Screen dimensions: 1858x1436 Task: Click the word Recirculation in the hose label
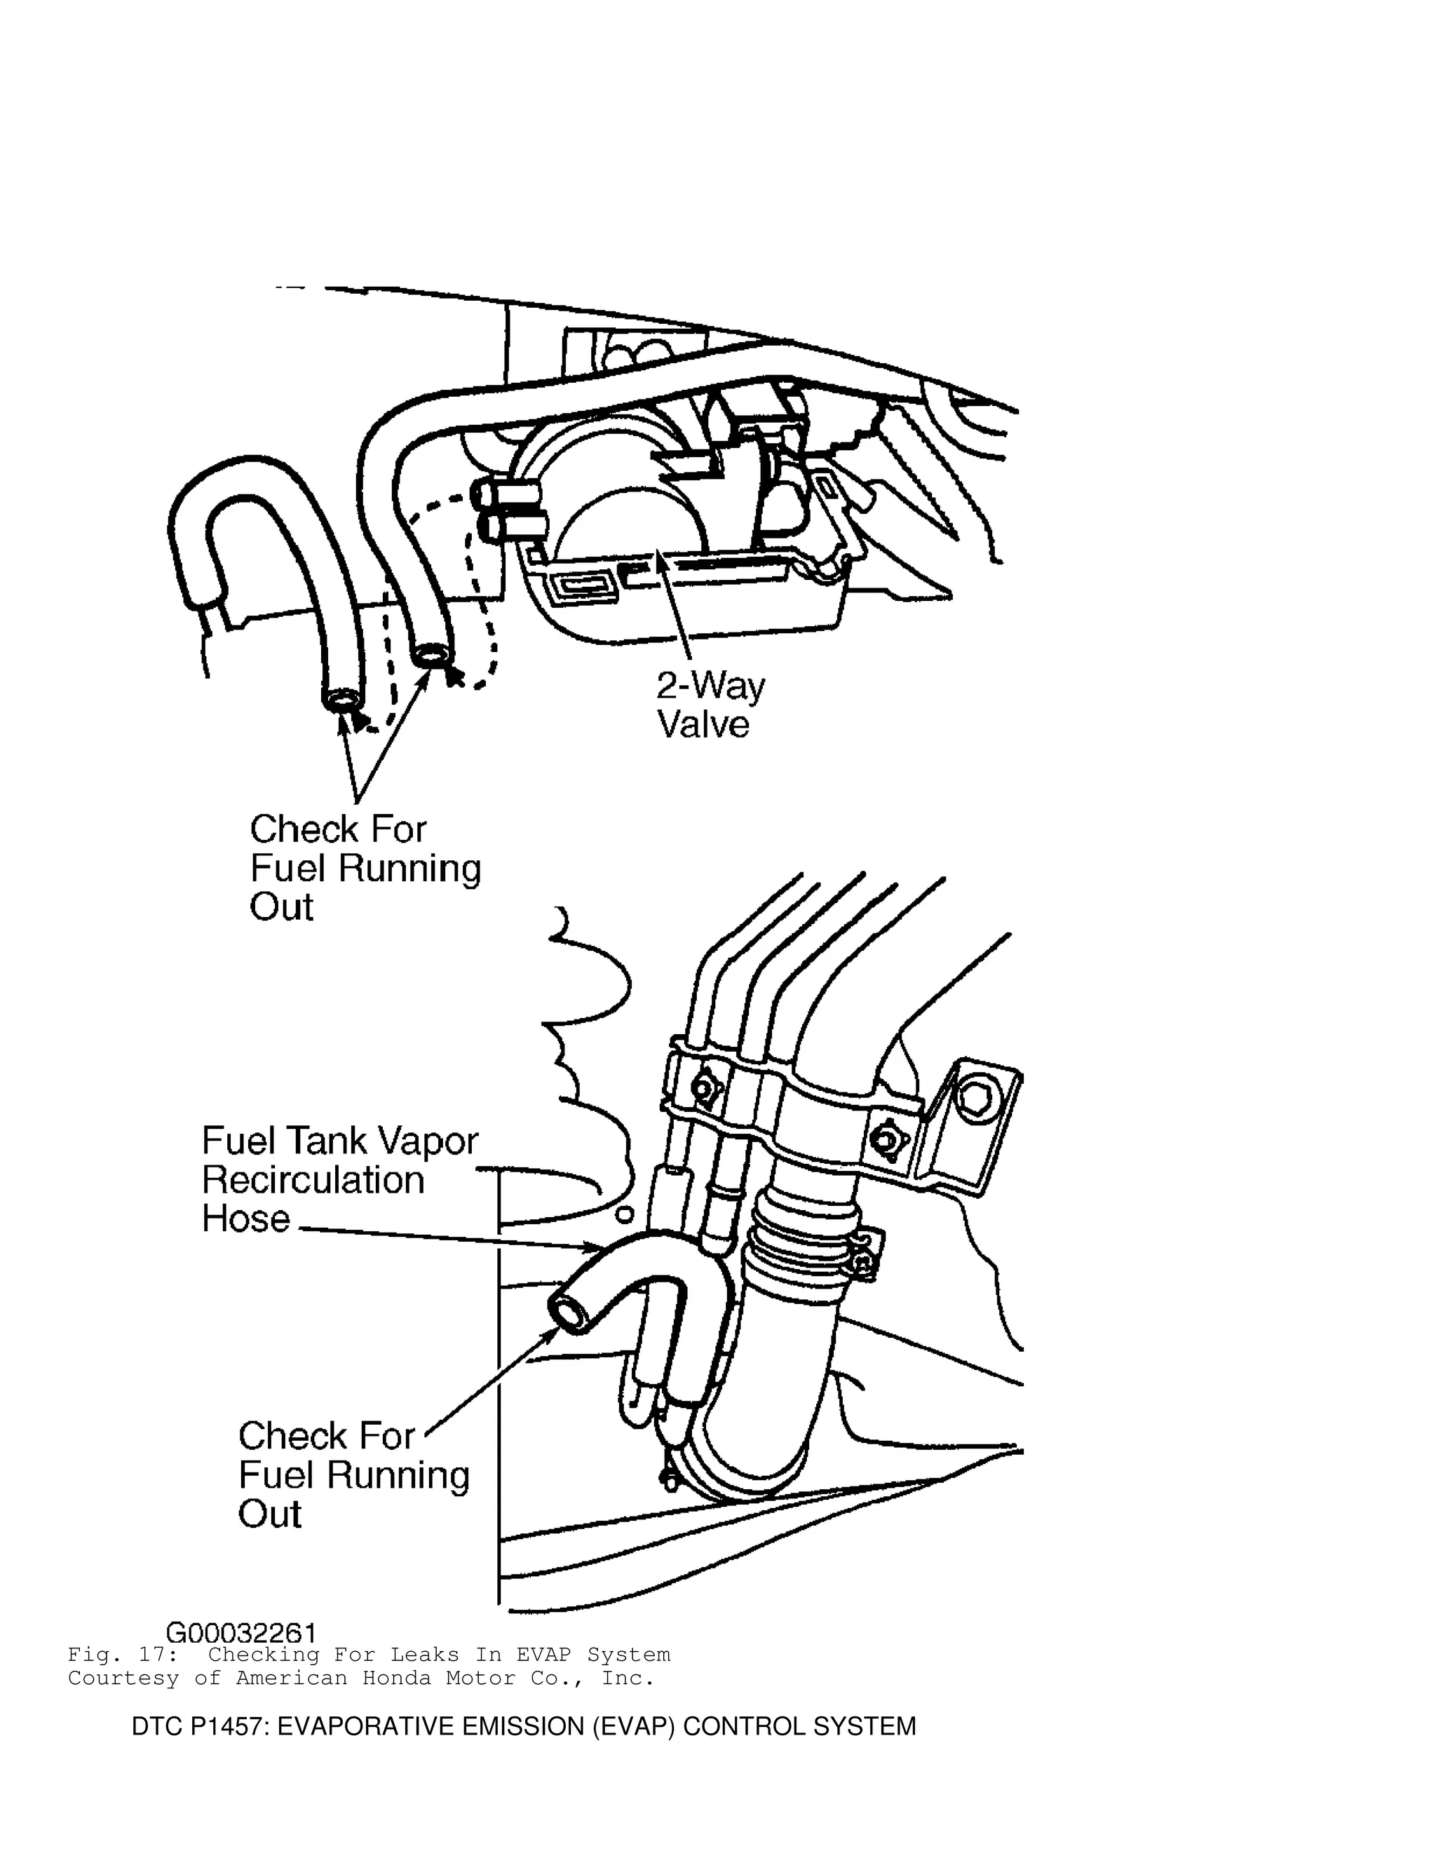click(313, 1180)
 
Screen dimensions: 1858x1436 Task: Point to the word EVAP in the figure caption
click(544, 1655)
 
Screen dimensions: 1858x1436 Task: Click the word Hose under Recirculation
click(246, 1219)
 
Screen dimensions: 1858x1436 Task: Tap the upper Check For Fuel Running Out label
click(364, 868)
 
